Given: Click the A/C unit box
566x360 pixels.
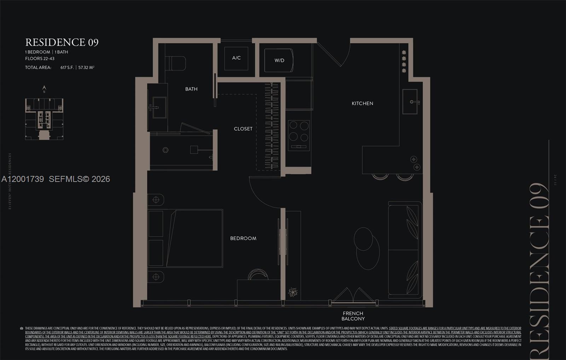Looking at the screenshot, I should point(236,58).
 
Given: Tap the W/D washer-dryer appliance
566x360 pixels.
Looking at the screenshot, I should point(279,60).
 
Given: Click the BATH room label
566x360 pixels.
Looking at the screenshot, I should point(191,89).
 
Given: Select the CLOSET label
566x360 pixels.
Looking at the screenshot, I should point(243,129).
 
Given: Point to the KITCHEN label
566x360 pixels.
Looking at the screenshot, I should point(362,103).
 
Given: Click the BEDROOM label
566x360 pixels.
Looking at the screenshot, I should point(243,238).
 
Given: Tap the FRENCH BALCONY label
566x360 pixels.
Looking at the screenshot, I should point(353,316).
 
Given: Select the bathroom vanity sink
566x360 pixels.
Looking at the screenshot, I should point(159,108).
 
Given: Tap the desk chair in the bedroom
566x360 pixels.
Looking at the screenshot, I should point(258,275).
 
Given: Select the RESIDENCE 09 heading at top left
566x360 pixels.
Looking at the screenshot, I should point(62,42).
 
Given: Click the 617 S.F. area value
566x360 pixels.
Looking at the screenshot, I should point(67,67).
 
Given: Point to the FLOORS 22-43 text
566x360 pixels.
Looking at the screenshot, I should point(40,58).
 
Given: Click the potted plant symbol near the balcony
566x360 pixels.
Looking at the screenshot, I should point(293,292).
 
